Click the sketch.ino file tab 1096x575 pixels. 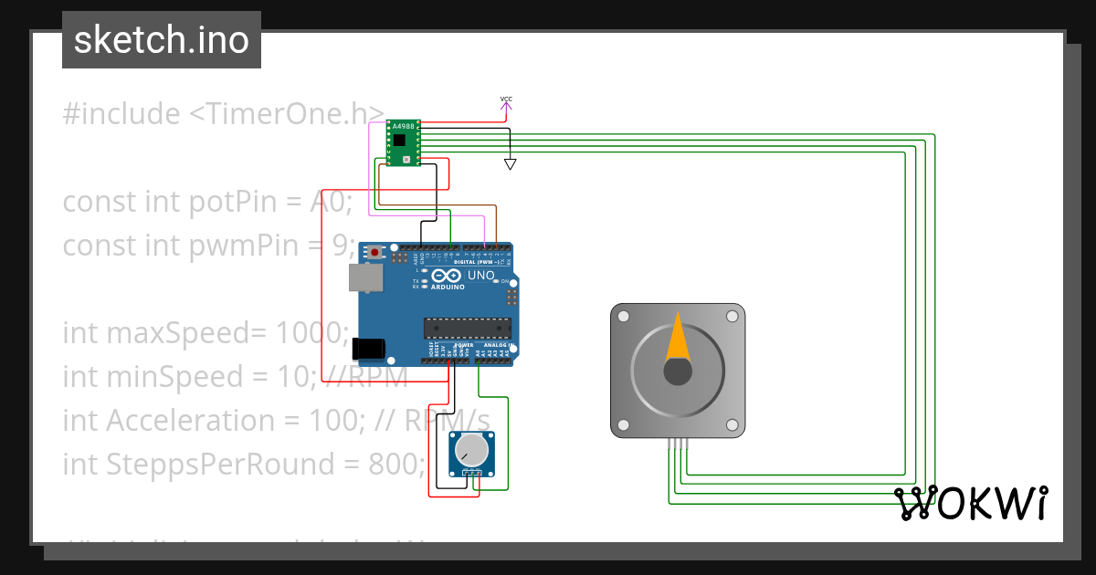[x=162, y=40]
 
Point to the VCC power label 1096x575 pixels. [x=506, y=99]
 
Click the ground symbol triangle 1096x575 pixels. [x=511, y=164]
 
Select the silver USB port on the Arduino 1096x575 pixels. [x=365, y=277]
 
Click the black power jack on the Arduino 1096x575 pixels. [x=368, y=348]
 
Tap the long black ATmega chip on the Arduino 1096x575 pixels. [x=466, y=328]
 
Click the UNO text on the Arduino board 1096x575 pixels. [x=480, y=276]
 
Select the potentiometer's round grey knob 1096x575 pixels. [x=471, y=449]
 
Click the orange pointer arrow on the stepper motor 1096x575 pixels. [x=677, y=337]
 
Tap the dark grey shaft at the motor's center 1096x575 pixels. [x=677, y=371]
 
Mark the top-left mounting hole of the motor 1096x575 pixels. [x=623, y=317]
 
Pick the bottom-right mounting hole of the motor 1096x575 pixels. [x=732, y=425]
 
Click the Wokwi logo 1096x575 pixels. [x=970, y=503]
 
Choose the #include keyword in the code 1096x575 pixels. [x=121, y=114]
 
